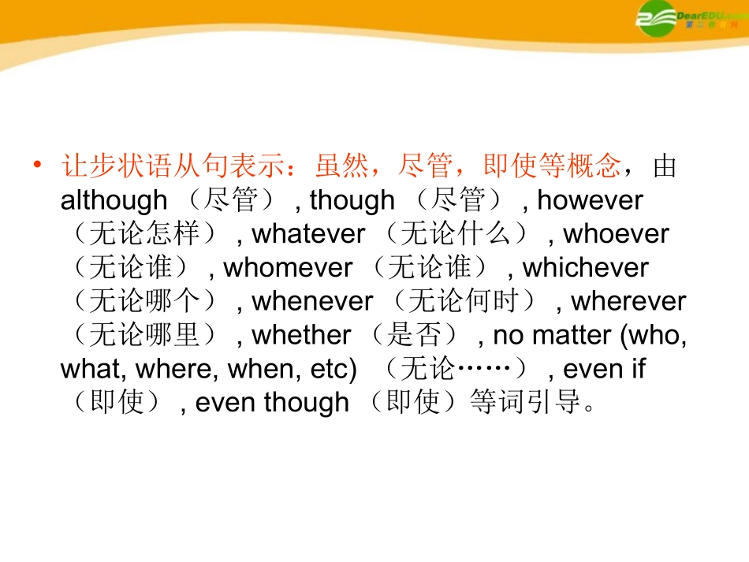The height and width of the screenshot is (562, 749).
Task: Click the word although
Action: pyautogui.click(x=114, y=200)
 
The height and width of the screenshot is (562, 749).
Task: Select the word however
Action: pyautogui.click(x=590, y=200)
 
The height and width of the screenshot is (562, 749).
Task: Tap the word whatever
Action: pyautogui.click(x=308, y=234)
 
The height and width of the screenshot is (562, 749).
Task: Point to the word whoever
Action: pyautogui.click(x=616, y=234)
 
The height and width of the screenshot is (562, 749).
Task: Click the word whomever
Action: pyautogui.click(x=288, y=268)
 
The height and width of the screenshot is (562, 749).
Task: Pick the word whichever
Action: pyautogui.click(x=585, y=268)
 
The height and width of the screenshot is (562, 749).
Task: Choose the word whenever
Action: pyautogui.click(x=312, y=301)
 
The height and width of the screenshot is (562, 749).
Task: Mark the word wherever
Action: pyautogui.click(x=628, y=301)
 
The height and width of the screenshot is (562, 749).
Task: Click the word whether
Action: pyautogui.click(x=301, y=335)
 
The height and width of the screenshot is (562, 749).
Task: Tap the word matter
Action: pyautogui.click(x=572, y=335)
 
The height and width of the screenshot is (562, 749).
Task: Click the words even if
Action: pyautogui.click(x=604, y=369)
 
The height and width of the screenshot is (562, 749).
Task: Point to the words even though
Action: pyautogui.click(x=272, y=403)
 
